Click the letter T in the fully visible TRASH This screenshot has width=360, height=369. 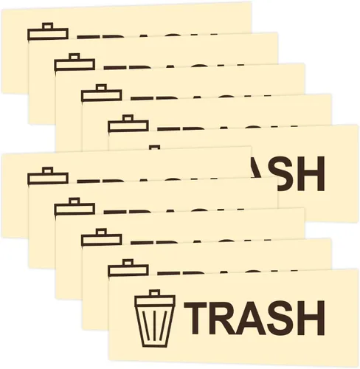coord(195,318)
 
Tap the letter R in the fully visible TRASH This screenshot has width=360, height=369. coord(223,318)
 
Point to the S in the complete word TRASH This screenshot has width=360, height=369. coord(280,318)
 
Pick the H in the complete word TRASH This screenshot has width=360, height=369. coord(311,318)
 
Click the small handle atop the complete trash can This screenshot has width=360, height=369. coord(155,293)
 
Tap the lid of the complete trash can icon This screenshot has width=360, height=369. coord(155,300)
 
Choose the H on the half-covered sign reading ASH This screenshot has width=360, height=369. coord(311,173)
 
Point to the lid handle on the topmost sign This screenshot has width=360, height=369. coord(47,26)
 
